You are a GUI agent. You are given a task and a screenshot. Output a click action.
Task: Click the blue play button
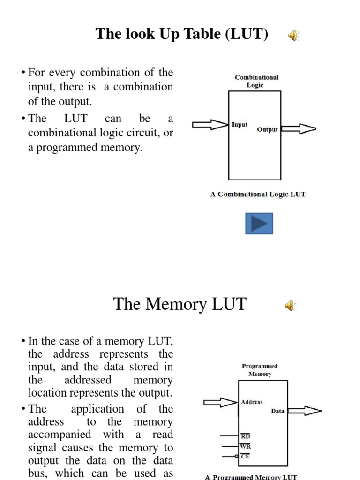[259, 224]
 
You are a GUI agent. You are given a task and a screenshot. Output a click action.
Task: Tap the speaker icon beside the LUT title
[294, 36]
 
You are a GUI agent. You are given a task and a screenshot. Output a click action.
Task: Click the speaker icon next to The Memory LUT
[291, 306]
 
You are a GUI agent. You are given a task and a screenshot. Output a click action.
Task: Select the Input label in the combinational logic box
[240, 125]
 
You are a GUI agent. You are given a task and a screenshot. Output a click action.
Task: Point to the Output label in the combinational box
[267, 129]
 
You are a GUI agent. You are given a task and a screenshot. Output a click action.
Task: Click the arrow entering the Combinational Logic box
[210, 125]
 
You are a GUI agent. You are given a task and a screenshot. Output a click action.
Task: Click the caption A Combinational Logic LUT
[257, 194]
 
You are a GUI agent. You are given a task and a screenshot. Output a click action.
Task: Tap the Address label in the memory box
[252, 402]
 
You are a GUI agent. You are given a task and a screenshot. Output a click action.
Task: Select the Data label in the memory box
[277, 411]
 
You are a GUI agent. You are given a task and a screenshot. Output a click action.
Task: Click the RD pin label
[246, 436]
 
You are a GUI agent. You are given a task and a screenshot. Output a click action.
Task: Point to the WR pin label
[246, 446]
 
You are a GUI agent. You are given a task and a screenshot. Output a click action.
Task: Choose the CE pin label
[245, 456]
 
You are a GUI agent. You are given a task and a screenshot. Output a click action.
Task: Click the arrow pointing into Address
[220, 402]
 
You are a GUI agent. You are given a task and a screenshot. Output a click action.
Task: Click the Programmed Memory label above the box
[259, 370]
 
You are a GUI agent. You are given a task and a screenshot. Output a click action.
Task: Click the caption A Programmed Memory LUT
[251, 477]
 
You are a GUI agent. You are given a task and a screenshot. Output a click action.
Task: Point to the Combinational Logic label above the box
[256, 81]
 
